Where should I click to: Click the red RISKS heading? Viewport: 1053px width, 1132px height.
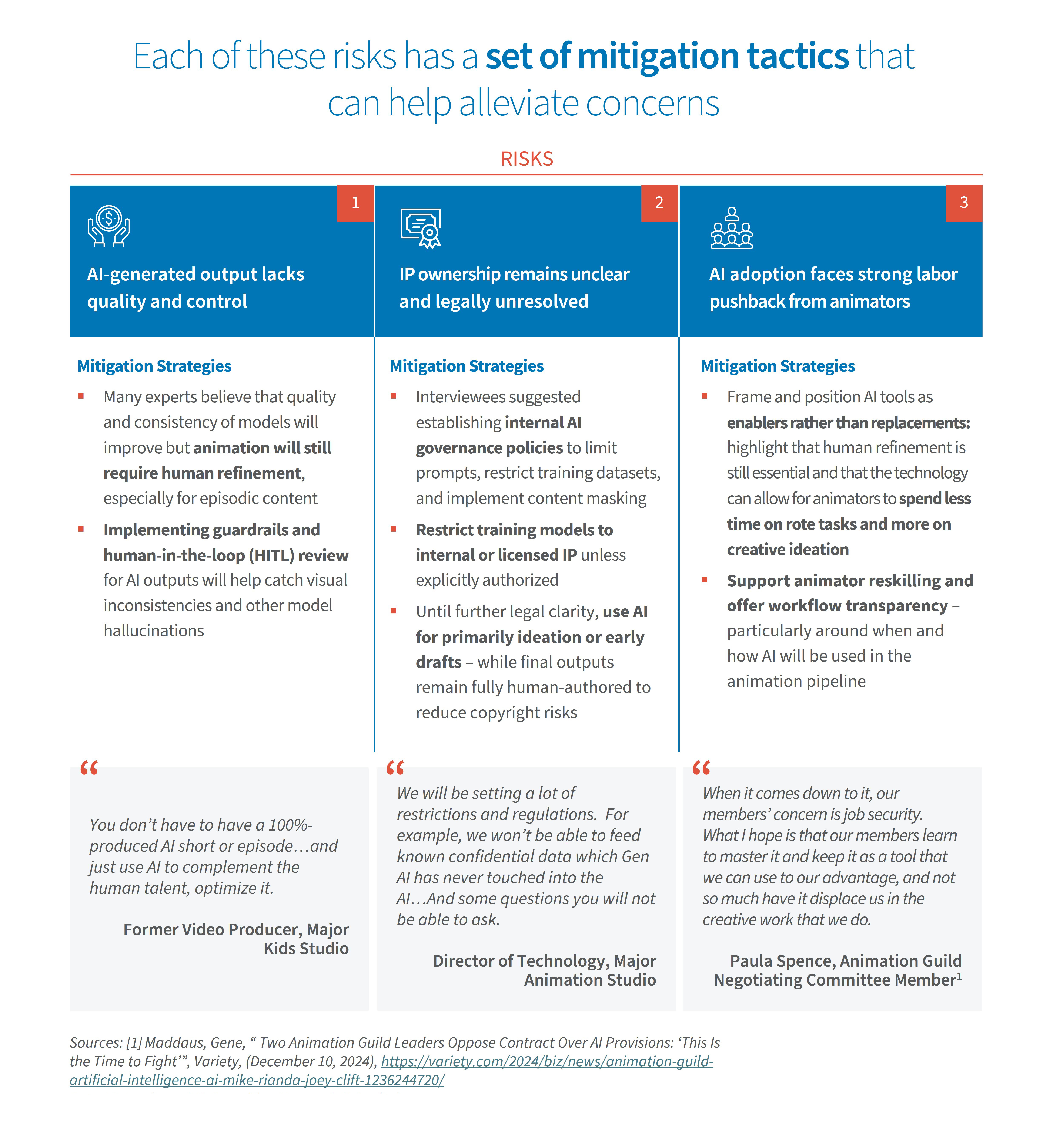526,159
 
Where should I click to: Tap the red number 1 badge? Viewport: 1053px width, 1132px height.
355,203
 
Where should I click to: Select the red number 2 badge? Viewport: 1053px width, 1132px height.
659,203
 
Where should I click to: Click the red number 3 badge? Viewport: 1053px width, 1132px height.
963,203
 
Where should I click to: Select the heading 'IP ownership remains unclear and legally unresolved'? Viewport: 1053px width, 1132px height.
514,288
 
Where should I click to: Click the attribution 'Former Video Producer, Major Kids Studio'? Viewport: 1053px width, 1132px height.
236,939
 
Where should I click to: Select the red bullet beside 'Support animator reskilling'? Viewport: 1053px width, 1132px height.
705,580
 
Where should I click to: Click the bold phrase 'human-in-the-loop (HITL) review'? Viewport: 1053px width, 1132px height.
226,555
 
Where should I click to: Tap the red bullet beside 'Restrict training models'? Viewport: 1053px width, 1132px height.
393,530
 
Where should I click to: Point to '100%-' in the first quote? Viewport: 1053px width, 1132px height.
291,825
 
